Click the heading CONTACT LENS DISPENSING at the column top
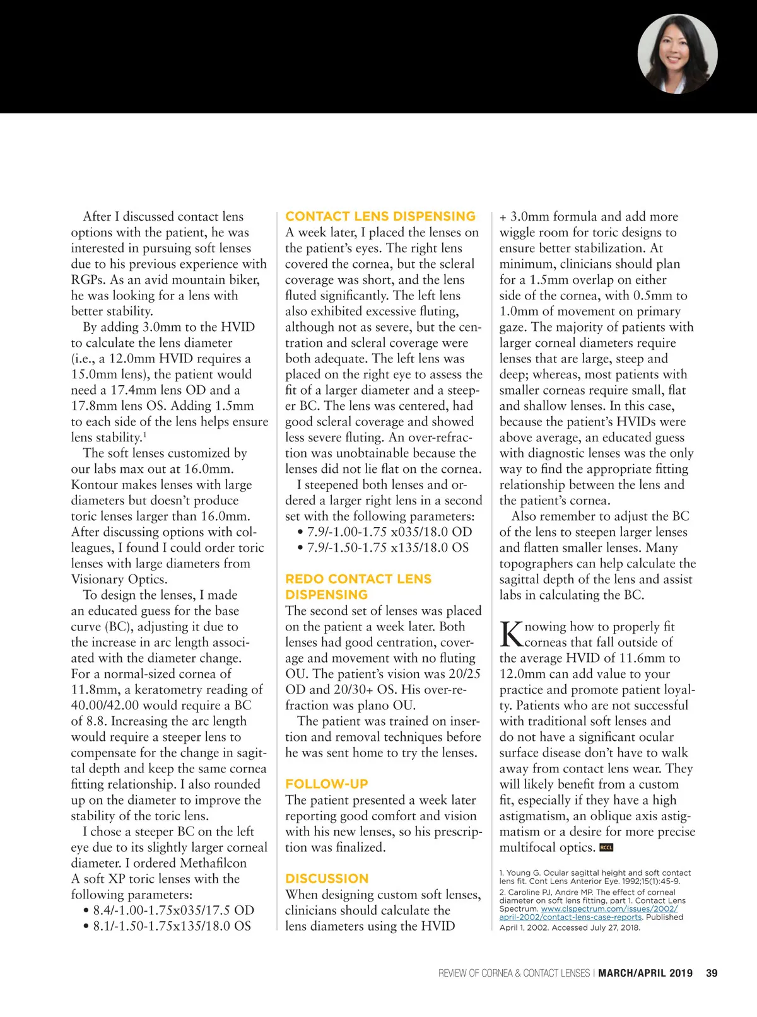pos(380,216)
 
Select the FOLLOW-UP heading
pos(326,784)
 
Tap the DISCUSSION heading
pos(326,878)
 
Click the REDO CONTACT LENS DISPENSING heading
pos(358,586)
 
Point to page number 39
pos(712,973)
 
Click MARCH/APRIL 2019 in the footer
pos(645,973)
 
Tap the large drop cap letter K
pos(511,634)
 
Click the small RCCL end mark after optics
pos(606,847)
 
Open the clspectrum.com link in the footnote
pos(609,909)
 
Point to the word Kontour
pos(96,484)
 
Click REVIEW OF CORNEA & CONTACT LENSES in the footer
pos(513,973)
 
